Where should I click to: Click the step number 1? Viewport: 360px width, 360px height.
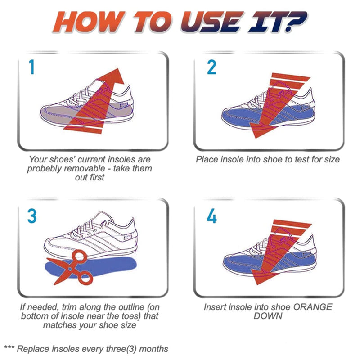click(31, 67)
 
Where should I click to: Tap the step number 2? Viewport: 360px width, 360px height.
click(211, 67)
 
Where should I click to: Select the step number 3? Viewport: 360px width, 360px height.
click(32, 216)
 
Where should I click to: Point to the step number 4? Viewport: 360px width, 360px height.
click(211, 216)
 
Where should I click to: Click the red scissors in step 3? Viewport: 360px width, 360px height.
click(73, 267)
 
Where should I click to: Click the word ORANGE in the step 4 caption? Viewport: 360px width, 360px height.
click(313, 307)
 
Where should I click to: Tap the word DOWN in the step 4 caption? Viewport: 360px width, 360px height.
click(268, 316)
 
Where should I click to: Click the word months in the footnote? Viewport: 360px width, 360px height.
click(153, 349)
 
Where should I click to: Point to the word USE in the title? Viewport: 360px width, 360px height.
click(211, 22)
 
